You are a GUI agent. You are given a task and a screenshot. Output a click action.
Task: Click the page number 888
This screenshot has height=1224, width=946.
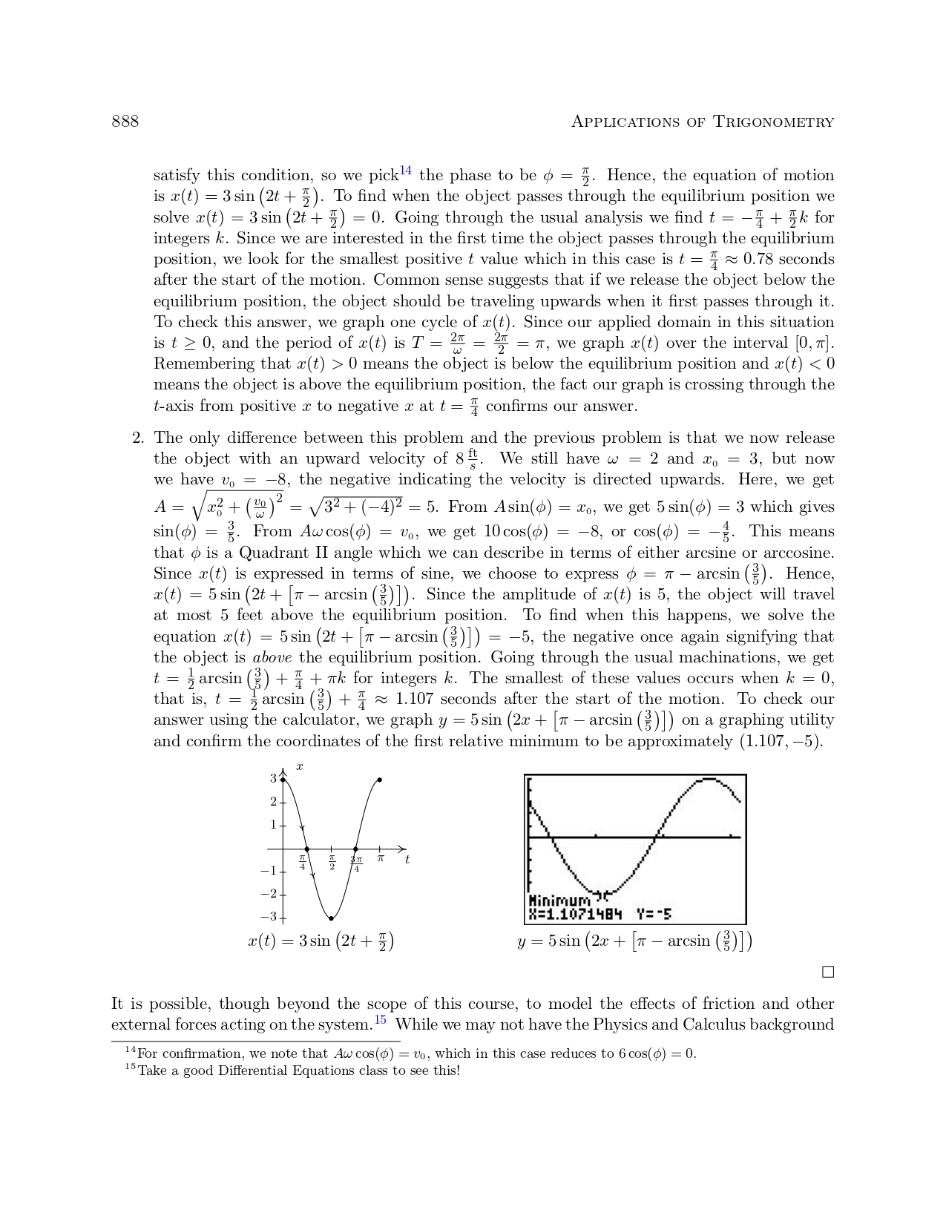click(125, 122)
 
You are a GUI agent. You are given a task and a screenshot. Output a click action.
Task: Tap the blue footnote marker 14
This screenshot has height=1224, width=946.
click(405, 171)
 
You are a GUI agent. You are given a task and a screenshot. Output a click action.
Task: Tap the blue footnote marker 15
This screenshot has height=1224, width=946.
click(379, 1020)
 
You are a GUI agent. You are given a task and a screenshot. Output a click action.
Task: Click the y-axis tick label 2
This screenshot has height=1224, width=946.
click(273, 802)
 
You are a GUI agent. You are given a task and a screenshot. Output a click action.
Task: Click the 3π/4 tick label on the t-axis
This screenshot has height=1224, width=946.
click(356, 863)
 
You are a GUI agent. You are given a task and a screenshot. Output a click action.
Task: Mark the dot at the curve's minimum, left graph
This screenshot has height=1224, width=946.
click(332, 918)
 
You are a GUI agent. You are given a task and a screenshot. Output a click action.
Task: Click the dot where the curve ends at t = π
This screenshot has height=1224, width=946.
click(380, 780)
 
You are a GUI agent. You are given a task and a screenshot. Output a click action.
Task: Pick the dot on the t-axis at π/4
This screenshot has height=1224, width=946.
click(307, 849)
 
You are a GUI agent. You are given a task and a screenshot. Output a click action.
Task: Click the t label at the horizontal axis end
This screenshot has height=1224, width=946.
click(407, 860)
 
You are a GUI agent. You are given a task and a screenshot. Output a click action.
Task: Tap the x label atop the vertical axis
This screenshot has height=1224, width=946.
click(300, 766)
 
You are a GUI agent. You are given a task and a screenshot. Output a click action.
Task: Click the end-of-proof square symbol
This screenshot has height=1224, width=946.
click(828, 972)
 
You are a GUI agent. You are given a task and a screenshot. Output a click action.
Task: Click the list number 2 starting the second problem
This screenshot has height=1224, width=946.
click(137, 438)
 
